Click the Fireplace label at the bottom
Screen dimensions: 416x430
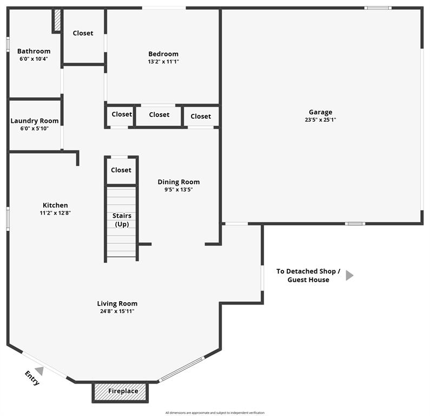[123, 391]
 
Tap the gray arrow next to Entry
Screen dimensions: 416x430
[39, 370]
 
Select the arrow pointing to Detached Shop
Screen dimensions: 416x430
[349, 275]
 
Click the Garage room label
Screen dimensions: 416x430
[320, 113]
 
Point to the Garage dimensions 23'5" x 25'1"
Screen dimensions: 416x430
[320, 120]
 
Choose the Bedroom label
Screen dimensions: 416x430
[163, 54]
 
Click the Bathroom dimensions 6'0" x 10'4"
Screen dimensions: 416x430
[34, 59]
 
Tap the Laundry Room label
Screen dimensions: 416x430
[35, 121]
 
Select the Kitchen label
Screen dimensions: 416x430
[55, 205]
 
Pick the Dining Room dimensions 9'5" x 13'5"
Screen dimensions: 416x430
[178, 190]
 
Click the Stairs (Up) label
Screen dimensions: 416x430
[122, 220]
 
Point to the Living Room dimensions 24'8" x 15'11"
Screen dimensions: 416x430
[117, 311]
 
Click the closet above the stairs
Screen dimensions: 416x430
[121, 170]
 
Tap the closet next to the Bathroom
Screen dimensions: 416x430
[83, 34]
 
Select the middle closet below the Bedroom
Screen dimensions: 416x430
[159, 115]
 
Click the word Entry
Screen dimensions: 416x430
[32, 378]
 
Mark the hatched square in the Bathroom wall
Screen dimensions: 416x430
[56, 21]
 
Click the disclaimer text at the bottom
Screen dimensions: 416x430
[215, 413]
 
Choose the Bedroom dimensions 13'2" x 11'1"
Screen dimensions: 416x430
[163, 62]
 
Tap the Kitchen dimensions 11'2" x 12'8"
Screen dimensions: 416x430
[55, 213]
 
